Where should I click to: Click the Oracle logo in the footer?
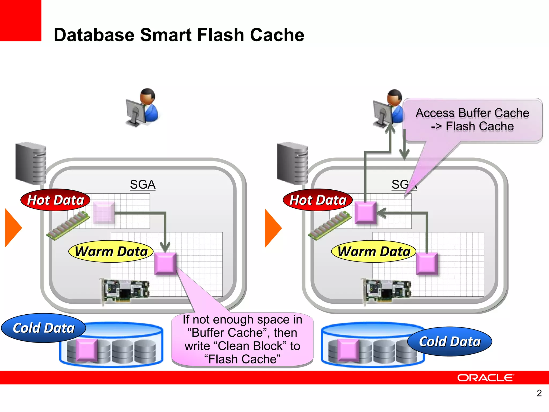pyautogui.click(x=485, y=378)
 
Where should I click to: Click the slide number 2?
pyautogui.click(x=539, y=393)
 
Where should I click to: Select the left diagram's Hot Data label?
pyautogui.click(x=55, y=200)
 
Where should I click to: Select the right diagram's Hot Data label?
pyautogui.click(x=318, y=200)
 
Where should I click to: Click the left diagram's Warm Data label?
pyautogui.click(x=111, y=251)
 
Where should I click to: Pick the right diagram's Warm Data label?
pyautogui.click(x=374, y=251)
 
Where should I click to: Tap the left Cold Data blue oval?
pyautogui.click(x=44, y=328)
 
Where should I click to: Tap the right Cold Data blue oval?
pyautogui.click(x=450, y=341)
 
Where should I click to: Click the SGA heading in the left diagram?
pyautogui.click(x=143, y=185)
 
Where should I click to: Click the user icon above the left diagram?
pyautogui.click(x=143, y=107)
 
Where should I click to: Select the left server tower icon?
pyautogui.click(x=31, y=163)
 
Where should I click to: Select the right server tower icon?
pyautogui.click(x=292, y=163)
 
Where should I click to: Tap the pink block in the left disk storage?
pyautogui.click(x=86, y=350)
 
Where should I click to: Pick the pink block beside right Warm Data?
pyautogui.click(x=427, y=263)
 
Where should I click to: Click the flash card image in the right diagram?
pyautogui.click(x=387, y=291)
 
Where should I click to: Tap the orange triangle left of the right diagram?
pyautogui.click(x=272, y=228)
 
